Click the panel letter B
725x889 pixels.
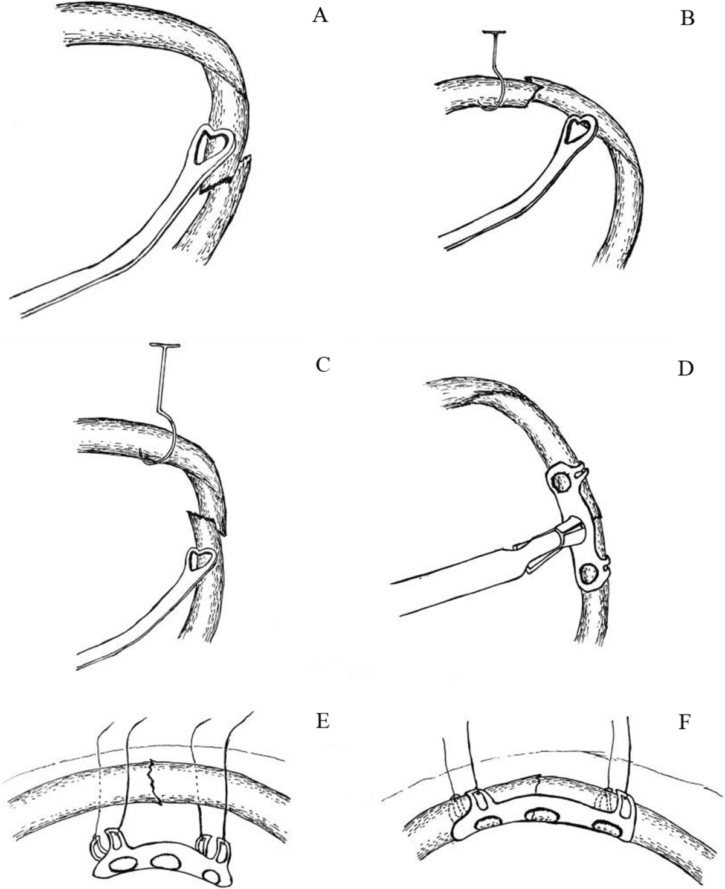[x=687, y=19]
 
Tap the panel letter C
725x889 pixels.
[x=322, y=364]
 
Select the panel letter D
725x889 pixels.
[x=685, y=368]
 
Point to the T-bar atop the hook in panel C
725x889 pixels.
[x=164, y=346]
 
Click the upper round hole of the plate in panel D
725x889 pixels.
[x=562, y=482]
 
